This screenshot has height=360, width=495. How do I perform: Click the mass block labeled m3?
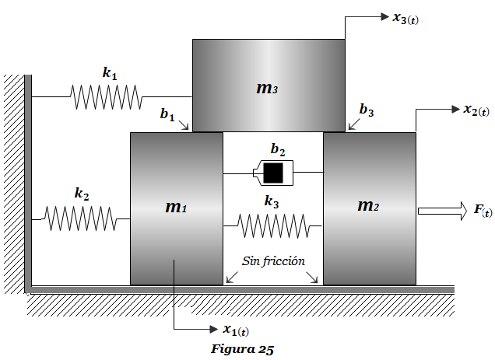[269, 86]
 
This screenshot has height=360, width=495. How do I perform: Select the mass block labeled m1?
[177, 208]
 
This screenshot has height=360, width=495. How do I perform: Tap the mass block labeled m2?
[370, 208]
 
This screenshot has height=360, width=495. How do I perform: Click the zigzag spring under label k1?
[106, 97]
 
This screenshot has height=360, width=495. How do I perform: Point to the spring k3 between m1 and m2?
[273, 226]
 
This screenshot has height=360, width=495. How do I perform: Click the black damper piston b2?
[273, 173]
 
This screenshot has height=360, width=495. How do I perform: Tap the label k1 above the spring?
[110, 73]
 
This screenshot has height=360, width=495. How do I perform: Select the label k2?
[82, 194]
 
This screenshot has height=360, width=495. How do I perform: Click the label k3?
[272, 201]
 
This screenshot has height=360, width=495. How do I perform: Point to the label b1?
[167, 114]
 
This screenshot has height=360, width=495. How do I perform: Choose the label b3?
[367, 110]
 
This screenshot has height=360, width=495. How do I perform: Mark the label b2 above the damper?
[278, 149]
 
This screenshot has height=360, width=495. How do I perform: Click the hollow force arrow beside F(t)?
[443, 211]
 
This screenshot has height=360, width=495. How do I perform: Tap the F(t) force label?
[483, 211]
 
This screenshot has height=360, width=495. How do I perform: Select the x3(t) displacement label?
[405, 19]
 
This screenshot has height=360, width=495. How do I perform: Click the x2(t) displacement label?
[476, 110]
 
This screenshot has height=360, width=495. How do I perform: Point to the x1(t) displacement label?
[236, 330]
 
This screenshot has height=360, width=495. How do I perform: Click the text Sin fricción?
[273, 261]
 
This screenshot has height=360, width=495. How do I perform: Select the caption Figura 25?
[243, 349]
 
